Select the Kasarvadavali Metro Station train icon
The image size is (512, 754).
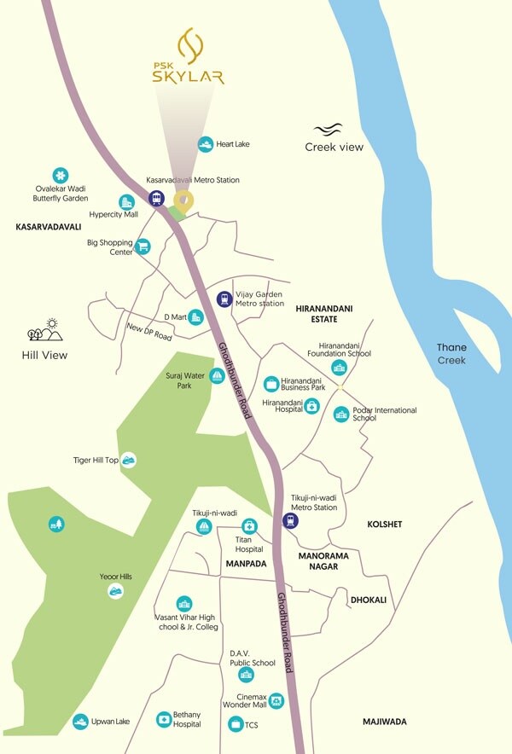(x=156, y=198)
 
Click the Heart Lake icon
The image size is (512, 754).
(x=205, y=144)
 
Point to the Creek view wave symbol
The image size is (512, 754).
(x=328, y=130)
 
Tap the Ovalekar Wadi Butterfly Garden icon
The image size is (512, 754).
(x=60, y=174)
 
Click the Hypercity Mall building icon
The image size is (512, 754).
(x=126, y=202)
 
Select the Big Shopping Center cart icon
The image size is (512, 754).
(x=143, y=246)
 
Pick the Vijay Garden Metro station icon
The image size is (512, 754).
(x=224, y=299)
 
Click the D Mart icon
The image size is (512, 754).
(x=195, y=316)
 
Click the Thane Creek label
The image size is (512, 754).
(x=451, y=354)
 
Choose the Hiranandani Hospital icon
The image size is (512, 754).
(x=312, y=406)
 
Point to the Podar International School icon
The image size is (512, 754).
(x=341, y=415)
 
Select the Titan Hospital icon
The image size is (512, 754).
(x=249, y=525)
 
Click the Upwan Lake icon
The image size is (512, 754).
(x=80, y=722)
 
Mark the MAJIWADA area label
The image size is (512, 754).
(x=383, y=722)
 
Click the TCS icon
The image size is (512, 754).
(x=236, y=724)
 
